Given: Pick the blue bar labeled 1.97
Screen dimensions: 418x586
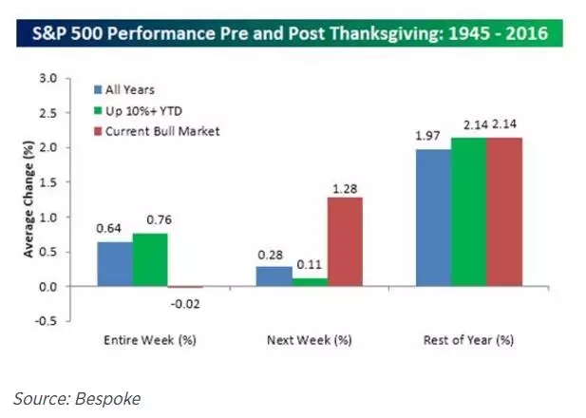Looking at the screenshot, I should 432,218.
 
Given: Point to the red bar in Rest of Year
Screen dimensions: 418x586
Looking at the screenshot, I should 504,212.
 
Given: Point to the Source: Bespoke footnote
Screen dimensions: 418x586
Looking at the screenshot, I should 77,398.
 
